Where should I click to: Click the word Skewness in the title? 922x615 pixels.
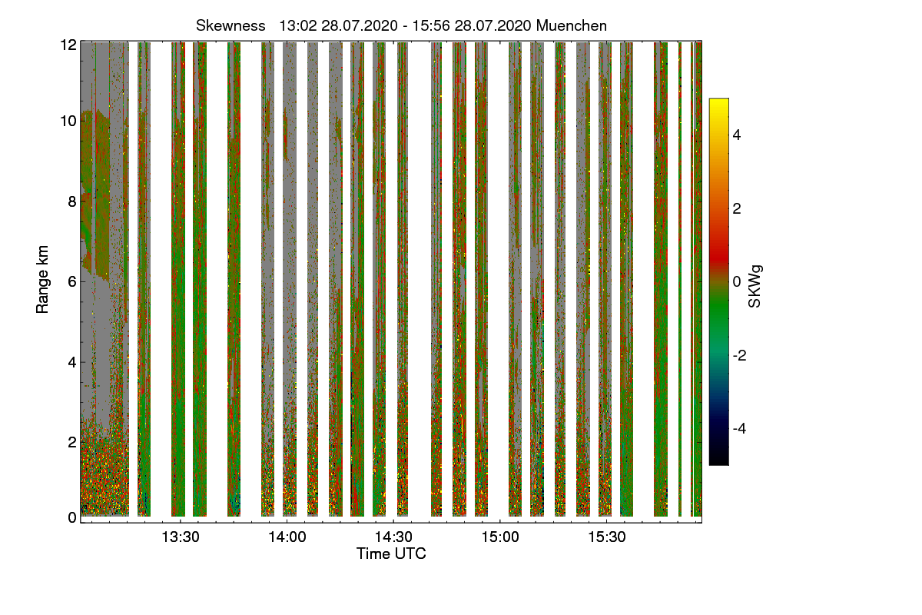click(230, 26)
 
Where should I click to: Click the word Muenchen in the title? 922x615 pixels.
click(572, 26)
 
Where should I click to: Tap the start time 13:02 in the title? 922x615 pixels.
click(298, 26)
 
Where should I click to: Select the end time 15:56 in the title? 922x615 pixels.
click(431, 26)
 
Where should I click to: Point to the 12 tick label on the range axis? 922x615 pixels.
click(68, 45)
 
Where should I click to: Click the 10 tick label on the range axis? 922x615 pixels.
click(68, 121)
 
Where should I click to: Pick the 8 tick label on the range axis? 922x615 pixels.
click(72, 201)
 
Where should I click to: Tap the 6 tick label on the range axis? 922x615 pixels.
click(72, 282)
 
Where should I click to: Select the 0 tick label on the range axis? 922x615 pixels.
click(72, 518)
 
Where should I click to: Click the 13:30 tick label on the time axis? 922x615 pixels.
click(181, 537)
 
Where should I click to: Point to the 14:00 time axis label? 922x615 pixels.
click(287, 537)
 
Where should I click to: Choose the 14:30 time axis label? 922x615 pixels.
click(393, 537)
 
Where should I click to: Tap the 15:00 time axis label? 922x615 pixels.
click(500, 537)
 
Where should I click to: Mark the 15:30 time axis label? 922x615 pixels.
click(607, 537)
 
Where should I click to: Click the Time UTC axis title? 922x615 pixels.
click(391, 553)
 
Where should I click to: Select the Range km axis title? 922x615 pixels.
click(42, 280)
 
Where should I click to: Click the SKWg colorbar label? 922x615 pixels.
click(755, 286)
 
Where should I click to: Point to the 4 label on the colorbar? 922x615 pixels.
click(737, 135)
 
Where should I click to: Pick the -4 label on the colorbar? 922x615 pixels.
click(739, 429)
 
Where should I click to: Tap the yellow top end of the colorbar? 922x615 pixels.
click(718, 100)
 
